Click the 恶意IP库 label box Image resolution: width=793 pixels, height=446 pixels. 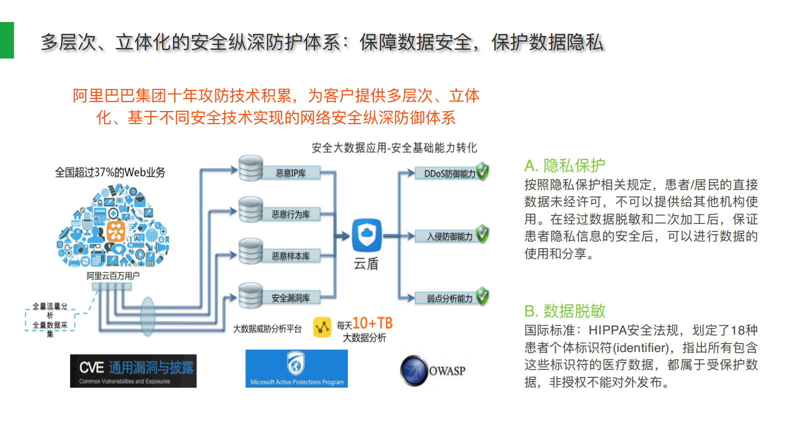(291, 173)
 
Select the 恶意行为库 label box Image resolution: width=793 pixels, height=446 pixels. (291, 214)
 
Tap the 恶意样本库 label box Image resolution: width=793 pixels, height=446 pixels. (291, 256)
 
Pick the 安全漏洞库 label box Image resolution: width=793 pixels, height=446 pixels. (291, 298)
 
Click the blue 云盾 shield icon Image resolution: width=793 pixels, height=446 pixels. (367, 235)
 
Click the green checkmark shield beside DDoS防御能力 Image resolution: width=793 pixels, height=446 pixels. (483, 171)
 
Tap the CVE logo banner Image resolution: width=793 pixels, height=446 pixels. (133, 371)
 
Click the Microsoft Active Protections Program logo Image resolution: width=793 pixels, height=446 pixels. (297, 368)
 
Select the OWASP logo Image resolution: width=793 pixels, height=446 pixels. (433, 371)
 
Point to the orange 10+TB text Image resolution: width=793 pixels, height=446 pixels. (373, 323)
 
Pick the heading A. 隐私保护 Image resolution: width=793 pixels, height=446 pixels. (565, 165)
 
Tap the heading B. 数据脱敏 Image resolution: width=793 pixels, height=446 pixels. (565, 311)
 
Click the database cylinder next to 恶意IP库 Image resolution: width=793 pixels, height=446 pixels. (250, 168)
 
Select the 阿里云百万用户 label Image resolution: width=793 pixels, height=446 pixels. (113, 275)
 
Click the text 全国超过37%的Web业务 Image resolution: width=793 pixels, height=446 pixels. (110, 172)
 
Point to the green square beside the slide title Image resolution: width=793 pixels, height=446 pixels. (7, 40)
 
